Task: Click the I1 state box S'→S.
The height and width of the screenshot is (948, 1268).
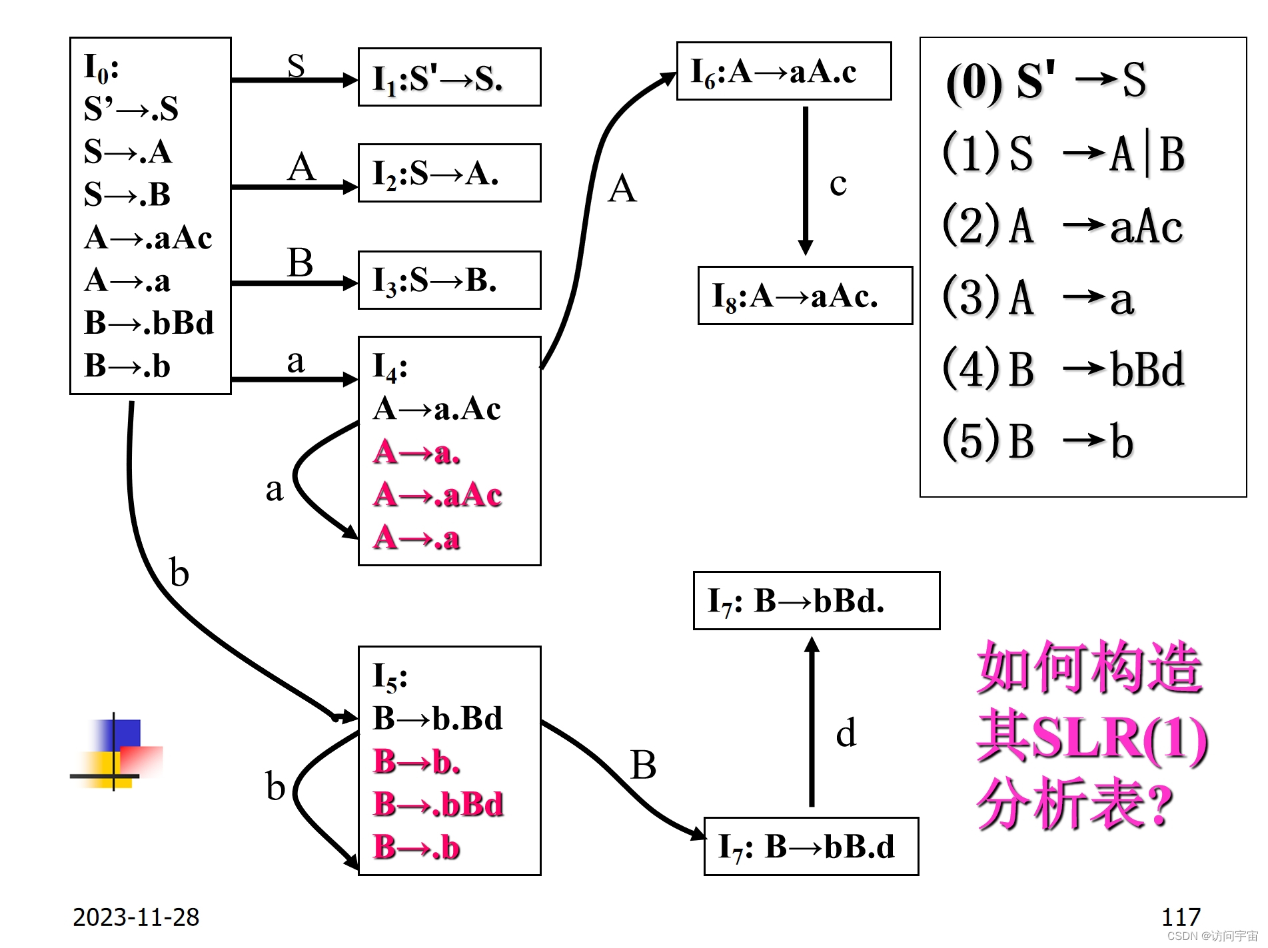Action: [449, 77]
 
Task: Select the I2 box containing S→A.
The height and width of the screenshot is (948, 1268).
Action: [449, 173]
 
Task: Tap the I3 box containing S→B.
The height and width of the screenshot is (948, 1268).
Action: [449, 280]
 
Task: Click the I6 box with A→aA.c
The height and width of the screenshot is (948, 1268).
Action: [784, 71]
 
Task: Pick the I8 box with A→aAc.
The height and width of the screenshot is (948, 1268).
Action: [805, 296]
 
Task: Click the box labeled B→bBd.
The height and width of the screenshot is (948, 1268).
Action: [816, 601]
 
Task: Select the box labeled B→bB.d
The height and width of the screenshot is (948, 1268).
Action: [811, 847]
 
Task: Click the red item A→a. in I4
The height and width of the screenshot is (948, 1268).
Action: [417, 452]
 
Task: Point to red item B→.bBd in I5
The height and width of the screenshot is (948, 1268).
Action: [438, 804]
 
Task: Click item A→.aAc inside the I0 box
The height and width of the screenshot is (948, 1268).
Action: [148, 238]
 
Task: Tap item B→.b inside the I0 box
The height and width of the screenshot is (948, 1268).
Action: [127, 366]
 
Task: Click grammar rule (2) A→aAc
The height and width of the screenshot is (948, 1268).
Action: [1062, 227]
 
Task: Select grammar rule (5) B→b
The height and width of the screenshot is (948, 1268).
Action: [1037, 441]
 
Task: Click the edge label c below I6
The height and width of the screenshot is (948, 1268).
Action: [838, 185]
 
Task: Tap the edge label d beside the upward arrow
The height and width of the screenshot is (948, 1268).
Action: [846, 733]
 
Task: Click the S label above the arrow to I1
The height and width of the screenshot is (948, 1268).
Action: [296, 65]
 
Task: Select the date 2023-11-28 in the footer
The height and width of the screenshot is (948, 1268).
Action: [136, 917]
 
